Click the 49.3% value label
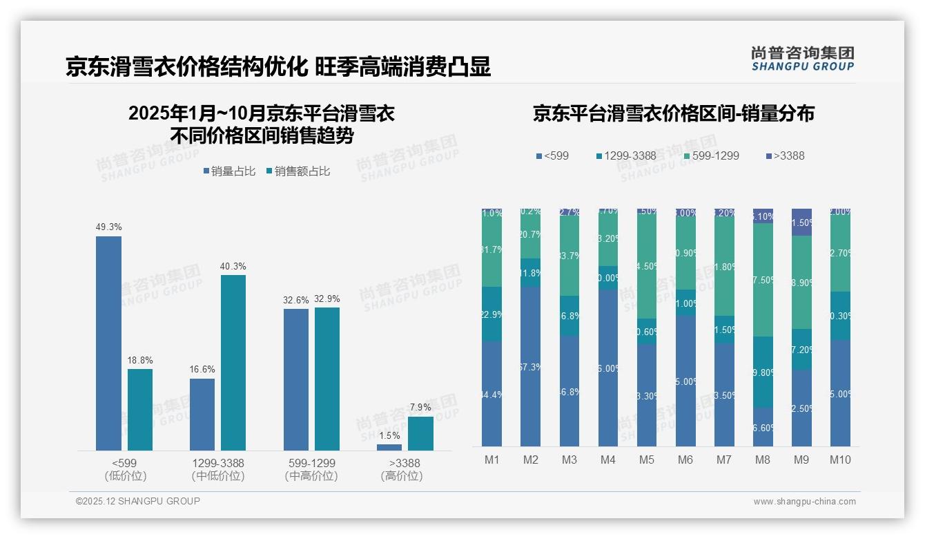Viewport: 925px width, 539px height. click(x=108, y=227)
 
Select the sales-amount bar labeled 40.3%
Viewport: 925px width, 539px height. click(x=233, y=362)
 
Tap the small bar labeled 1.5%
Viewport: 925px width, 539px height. click(x=389, y=447)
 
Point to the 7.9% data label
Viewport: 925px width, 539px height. click(x=420, y=408)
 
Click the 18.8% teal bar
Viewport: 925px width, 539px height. click(x=140, y=409)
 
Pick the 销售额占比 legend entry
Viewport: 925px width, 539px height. click(x=298, y=171)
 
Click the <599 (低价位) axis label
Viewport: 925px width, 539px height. click(x=125, y=469)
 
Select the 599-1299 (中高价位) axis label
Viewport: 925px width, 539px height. click(x=311, y=469)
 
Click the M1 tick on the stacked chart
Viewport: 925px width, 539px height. click(x=491, y=460)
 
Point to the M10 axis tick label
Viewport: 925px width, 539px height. click(x=840, y=460)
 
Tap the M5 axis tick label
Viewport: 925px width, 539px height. click(x=646, y=460)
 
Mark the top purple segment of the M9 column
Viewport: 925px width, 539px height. click(x=801, y=222)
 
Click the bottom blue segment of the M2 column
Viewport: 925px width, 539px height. click(x=530, y=366)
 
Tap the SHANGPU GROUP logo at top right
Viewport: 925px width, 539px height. click(x=802, y=59)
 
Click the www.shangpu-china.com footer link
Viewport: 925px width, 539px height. click(x=804, y=502)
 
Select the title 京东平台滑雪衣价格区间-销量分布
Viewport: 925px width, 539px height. click(x=673, y=114)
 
